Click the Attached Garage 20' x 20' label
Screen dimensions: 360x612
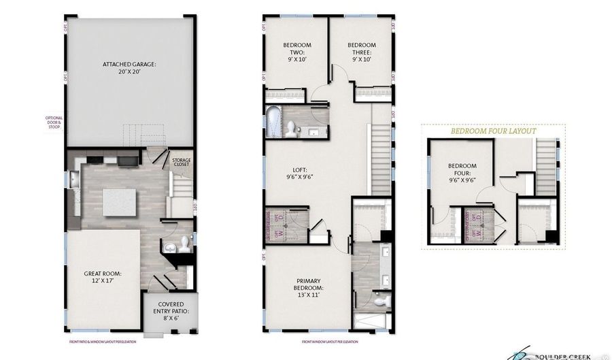coord(129,69)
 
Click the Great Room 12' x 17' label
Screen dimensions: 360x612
coord(102,278)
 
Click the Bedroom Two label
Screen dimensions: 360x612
coord(296,52)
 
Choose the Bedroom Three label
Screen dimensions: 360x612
coord(362,52)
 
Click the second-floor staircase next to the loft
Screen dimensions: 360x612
coord(380,157)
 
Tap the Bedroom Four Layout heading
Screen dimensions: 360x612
coord(493,131)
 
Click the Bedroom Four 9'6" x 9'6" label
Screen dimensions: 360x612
coord(462,176)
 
